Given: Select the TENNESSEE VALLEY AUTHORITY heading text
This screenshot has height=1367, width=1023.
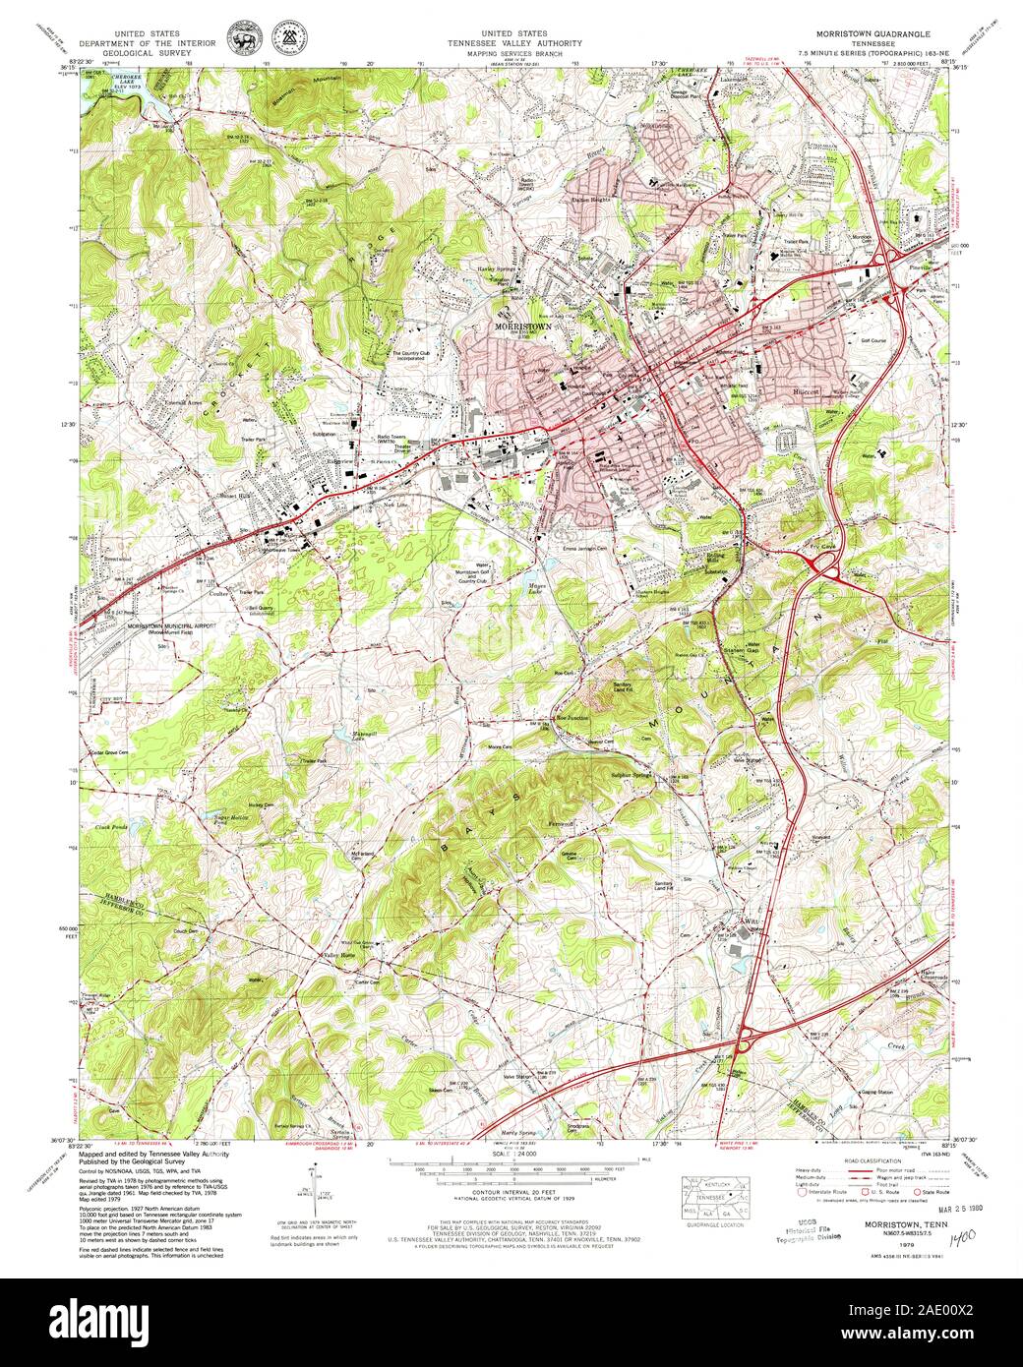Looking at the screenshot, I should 514,43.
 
